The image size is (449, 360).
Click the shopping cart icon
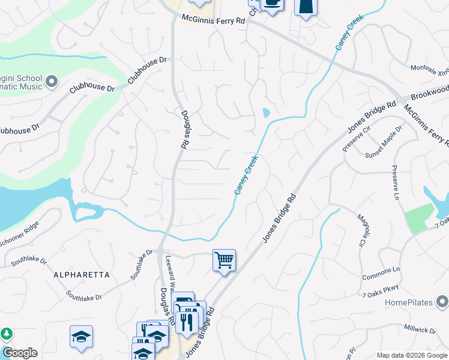[x=224, y=260]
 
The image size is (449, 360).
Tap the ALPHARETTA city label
[x=82, y=275]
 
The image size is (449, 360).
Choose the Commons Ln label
[x=381, y=273]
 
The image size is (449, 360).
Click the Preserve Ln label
[x=396, y=184]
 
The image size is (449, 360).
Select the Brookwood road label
[x=429, y=91]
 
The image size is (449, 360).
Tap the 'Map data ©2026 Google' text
[x=411, y=355]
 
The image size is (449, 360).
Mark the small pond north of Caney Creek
[x=265, y=112]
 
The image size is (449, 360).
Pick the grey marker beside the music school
[x=52, y=80]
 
